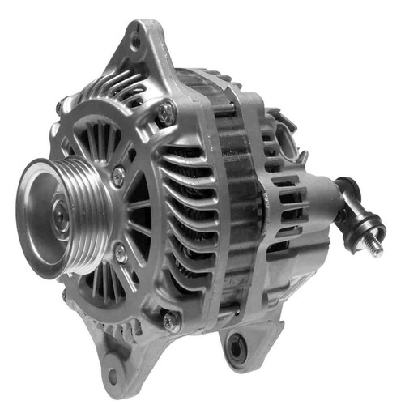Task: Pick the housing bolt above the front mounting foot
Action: pyautogui.click(x=169, y=322)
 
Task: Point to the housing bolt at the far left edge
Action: pyautogui.click(x=59, y=108)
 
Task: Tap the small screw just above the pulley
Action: pyautogui.click(x=119, y=173)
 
